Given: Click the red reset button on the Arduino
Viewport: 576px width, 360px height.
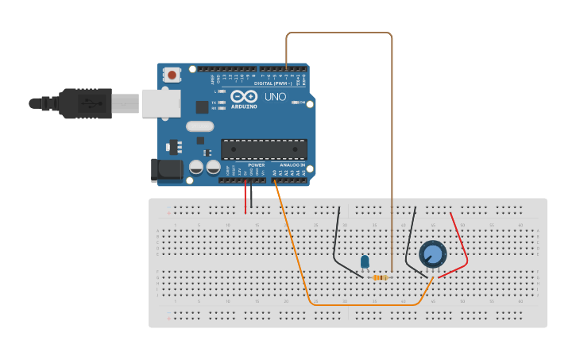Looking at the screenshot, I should tap(172, 75).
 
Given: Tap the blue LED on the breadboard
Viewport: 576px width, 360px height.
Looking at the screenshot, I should tap(365, 261).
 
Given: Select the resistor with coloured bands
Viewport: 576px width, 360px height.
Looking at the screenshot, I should tap(381, 277).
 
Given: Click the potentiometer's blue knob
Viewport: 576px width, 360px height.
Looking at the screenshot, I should tap(432, 254).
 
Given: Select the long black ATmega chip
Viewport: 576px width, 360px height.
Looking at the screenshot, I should tap(264, 149).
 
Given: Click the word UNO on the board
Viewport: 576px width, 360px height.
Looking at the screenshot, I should tap(275, 97).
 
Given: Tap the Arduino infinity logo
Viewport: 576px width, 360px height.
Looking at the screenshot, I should tap(244, 96).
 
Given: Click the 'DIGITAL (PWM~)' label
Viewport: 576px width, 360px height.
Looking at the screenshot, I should tap(273, 83).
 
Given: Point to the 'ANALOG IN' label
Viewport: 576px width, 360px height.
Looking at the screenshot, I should tap(292, 165).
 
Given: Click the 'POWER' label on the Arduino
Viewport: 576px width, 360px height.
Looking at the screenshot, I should tap(256, 165).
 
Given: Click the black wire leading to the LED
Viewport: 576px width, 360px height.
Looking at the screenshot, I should tap(337, 238).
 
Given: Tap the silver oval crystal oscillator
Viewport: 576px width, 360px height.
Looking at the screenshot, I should tap(201, 126).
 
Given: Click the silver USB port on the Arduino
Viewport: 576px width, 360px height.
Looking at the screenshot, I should tap(160, 103).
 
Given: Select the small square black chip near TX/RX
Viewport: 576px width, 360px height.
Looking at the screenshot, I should tap(202, 106).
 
